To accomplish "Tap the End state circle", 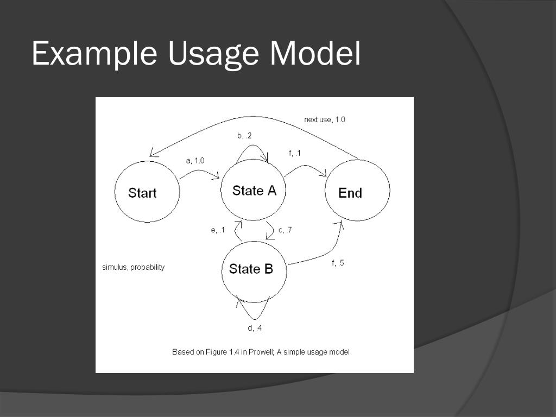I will pyautogui.click(x=357, y=191).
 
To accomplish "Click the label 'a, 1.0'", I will pyautogui.click(x=195, y=161).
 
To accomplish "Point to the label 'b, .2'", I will pyautogui.click(x=244, y=136).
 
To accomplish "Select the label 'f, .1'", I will pyautogui.click(x=295, y=154).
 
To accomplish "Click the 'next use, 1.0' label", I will pyautogui.click(x=324, y=119).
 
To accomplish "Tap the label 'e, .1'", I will pyautogui.click(x=218, y=230).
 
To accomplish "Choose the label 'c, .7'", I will pyautogui.click(x=285, y=230).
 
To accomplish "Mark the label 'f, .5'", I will pyautogui.click(x=337, y=263).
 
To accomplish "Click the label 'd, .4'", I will pyautogui.click(x=255, y=328).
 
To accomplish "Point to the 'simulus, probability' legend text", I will pyautogui.click(x=133, y=268).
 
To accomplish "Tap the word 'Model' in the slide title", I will pyautogui.click(x=315, y=54).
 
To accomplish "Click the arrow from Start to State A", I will pyautogui.click(x=199, y=173).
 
